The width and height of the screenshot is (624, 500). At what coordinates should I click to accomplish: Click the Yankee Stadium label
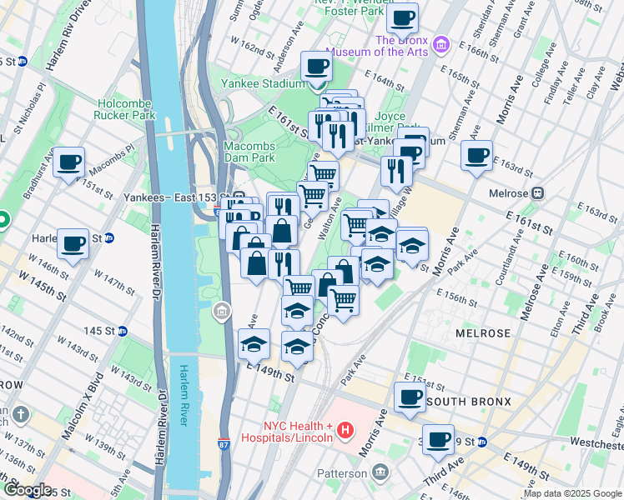tap(263, 83)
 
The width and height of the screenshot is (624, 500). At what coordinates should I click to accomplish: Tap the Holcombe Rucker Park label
tap(126, 109)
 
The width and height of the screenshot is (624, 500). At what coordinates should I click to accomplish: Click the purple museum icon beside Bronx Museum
tap(442, 43)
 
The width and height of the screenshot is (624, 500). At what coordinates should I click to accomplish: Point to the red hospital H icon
tap(345, 431)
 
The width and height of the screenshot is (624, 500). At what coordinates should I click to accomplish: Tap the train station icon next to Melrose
tap(538, 192)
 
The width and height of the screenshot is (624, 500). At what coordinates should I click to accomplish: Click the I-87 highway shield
tap(224, 445)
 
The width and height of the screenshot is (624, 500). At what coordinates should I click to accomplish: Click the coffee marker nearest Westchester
tap(438, 439)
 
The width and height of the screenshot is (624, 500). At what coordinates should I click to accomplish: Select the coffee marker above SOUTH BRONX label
tap(410, 397)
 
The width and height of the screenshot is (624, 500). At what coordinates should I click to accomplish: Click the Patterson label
tap(342, 473)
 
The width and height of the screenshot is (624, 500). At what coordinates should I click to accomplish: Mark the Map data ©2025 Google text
tap(572, 493)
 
